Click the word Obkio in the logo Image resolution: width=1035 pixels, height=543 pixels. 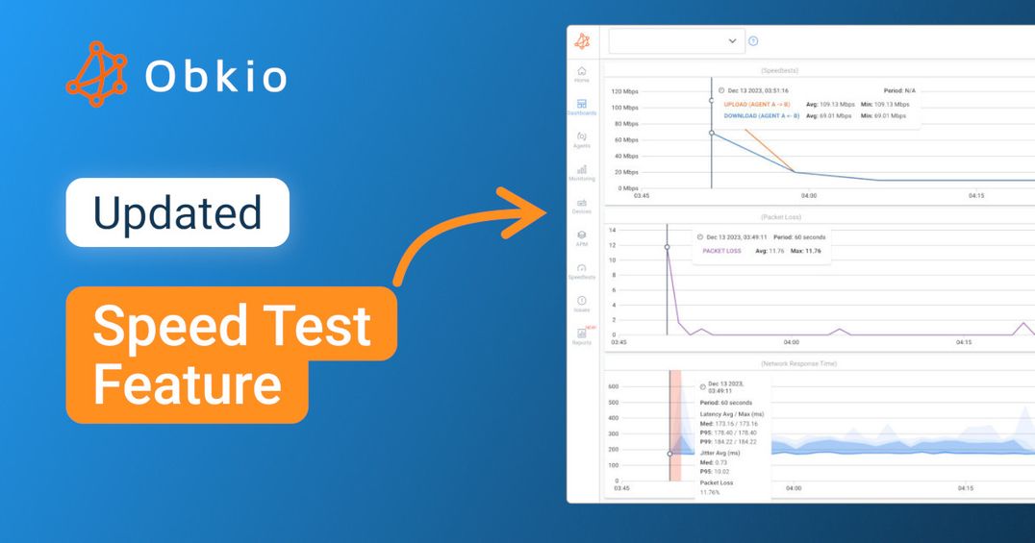(216, 76)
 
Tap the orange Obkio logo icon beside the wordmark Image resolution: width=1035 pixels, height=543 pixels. (96, 74)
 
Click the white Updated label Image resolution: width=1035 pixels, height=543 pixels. (177, 212)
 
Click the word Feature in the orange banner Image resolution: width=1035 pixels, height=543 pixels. (188, 385)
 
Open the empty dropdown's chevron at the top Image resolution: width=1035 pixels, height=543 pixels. (732, 41)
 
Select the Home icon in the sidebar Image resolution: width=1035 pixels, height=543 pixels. (581, 73)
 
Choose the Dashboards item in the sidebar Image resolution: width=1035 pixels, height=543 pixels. (581, 106)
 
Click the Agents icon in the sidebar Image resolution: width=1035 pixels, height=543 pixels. (581, 138)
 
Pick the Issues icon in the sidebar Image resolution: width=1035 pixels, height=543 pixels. (581, 303)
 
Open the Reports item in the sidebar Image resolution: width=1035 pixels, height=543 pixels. (581, 335)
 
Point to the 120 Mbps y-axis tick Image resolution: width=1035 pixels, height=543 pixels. (624, 92)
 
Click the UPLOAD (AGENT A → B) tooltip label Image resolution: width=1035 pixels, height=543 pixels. (756, 104)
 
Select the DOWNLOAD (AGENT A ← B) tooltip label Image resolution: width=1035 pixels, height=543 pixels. (761, 115)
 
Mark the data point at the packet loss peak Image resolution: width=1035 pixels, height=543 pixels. (667, 247)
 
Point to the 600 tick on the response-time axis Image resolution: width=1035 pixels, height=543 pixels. (614, 386)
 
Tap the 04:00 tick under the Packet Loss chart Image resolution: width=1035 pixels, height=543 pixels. (792, 341)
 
